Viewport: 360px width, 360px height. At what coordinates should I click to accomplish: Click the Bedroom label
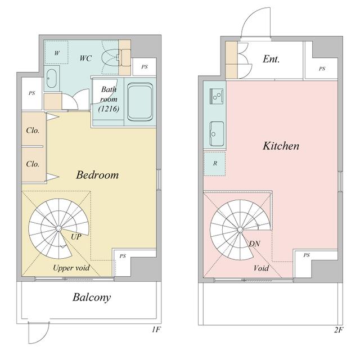pos(97,175)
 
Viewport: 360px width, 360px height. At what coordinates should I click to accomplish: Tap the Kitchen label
pos(281,146)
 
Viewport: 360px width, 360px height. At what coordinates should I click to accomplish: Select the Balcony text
pos(92,298)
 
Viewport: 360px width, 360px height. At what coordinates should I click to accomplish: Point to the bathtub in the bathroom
pos(140,102)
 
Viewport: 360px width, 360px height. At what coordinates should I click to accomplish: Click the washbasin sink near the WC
pos(51,78)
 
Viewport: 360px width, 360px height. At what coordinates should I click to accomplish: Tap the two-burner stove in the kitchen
pos(216,96)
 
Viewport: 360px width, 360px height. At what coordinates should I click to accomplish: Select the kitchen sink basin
pos(217,134)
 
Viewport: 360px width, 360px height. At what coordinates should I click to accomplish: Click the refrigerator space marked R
pos(215,164)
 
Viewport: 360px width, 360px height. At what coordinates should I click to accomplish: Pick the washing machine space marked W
pos(56,52)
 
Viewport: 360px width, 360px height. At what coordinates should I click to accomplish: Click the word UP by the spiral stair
pos(76,237)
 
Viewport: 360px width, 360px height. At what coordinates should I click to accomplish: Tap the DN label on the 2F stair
pos(254,244)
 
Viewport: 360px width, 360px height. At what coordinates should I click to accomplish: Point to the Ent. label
pos(271,59)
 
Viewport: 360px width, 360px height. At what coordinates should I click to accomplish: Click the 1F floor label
pos(156,330)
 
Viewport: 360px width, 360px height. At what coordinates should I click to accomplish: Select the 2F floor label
pos(339,330)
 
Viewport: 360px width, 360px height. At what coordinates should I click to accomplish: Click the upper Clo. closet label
pos(33,130)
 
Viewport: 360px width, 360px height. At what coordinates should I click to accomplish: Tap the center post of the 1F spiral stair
pos(58,228)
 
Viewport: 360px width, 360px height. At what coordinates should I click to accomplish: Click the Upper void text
pos(71,268)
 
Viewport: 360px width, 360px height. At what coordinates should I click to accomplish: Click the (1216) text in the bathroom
pos(109,109)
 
